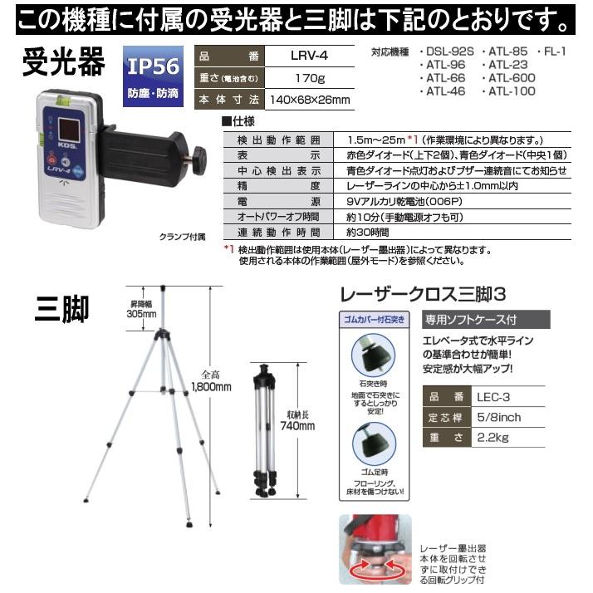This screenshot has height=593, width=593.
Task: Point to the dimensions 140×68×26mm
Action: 307,100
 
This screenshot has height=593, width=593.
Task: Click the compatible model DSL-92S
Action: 448,51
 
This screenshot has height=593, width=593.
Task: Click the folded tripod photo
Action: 267,431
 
